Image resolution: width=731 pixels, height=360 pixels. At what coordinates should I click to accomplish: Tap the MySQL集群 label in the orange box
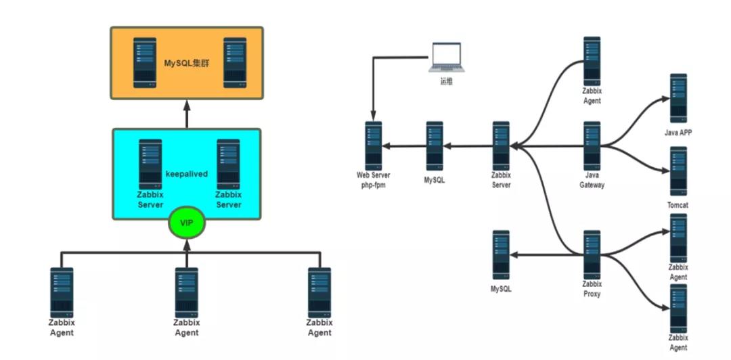187,64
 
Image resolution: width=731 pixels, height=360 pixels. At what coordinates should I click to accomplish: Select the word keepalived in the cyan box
187,174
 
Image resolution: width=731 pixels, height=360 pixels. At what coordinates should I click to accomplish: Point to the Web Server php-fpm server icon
373,145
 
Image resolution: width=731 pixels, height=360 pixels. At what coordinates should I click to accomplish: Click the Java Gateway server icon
592,145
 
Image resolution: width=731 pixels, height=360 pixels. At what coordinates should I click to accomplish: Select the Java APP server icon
679,98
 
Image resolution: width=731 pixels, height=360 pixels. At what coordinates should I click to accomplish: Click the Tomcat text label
678,204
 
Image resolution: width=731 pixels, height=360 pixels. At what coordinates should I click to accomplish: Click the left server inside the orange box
144,63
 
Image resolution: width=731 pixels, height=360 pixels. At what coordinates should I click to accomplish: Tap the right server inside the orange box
234,63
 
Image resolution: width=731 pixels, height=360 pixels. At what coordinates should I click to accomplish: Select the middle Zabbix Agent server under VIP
186,292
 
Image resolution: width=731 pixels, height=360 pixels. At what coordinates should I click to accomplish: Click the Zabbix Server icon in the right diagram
501,145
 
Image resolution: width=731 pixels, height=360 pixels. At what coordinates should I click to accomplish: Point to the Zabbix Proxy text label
592,289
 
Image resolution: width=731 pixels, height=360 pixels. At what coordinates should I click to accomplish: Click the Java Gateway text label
592,180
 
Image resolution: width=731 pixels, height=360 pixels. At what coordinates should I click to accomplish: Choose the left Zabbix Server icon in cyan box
150,164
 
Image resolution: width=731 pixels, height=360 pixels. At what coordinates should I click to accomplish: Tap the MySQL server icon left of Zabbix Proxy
501,254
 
